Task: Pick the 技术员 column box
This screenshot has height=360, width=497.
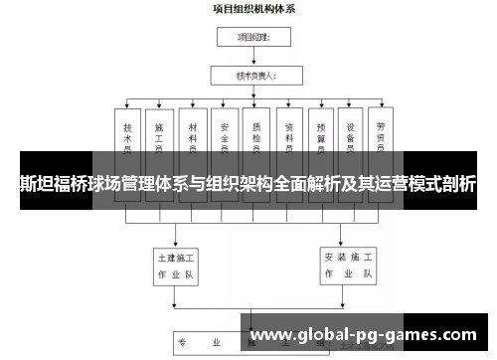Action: [128, 139]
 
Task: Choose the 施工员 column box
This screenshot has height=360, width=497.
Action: [159, 139]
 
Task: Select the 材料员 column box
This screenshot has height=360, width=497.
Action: [191, 139]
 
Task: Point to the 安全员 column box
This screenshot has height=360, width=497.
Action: [224, 139]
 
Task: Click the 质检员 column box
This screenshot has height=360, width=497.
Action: [255, 139]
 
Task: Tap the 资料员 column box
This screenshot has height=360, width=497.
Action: [288, 139]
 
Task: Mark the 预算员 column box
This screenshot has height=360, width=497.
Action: [320, 139]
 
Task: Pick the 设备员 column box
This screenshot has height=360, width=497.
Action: [352, 139]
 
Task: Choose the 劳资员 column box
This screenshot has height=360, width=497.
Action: [381, 139]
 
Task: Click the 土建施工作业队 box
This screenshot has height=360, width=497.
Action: [176, 262]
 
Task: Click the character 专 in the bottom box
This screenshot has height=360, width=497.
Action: [182, 343]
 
